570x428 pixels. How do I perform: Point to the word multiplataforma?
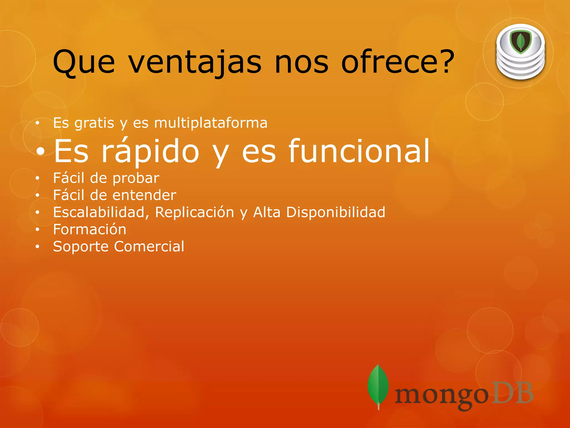211,123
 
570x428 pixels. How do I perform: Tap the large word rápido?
150,151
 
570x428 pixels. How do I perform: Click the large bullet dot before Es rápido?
41,151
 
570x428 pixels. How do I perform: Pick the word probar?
136,178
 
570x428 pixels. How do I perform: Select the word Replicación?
195,212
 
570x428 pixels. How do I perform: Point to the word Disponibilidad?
336,212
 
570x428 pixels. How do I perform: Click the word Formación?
90,230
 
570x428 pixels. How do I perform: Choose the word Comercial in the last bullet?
149,247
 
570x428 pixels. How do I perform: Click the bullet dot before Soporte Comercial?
38,247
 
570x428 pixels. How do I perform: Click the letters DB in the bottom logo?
512,393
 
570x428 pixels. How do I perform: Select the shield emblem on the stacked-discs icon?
520,42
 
